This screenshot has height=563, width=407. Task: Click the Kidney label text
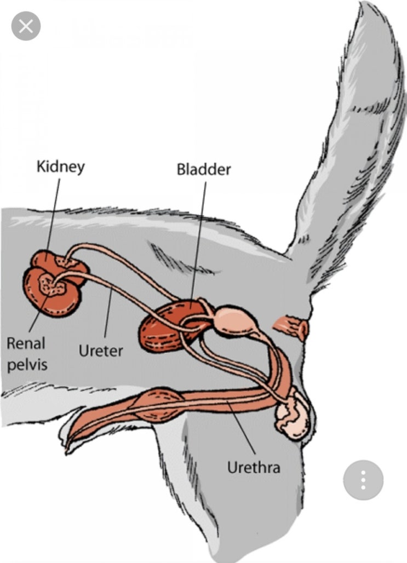pyautogui.click(x=61, y=167)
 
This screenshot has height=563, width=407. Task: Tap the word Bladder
pyautogui.click(x=204, y=169)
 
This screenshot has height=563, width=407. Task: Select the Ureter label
pyautogui.click(x=101, y=351)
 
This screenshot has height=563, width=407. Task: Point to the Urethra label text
pyautogui.click(x=254, y=468)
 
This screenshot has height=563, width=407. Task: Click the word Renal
pyautogui.click(x=26, y=343)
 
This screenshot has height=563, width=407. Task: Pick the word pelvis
pyautogui.click(x=27, y=365)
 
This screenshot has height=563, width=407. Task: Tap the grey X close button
pyautogui.click(x=26, y=26)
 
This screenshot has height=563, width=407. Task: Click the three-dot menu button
pyautogui.click(x=363, y=480)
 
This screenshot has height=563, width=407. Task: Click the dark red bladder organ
pyautogui.click(x=169, y=327)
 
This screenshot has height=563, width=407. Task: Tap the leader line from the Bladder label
pyautogui.click(x=198, y=243)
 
